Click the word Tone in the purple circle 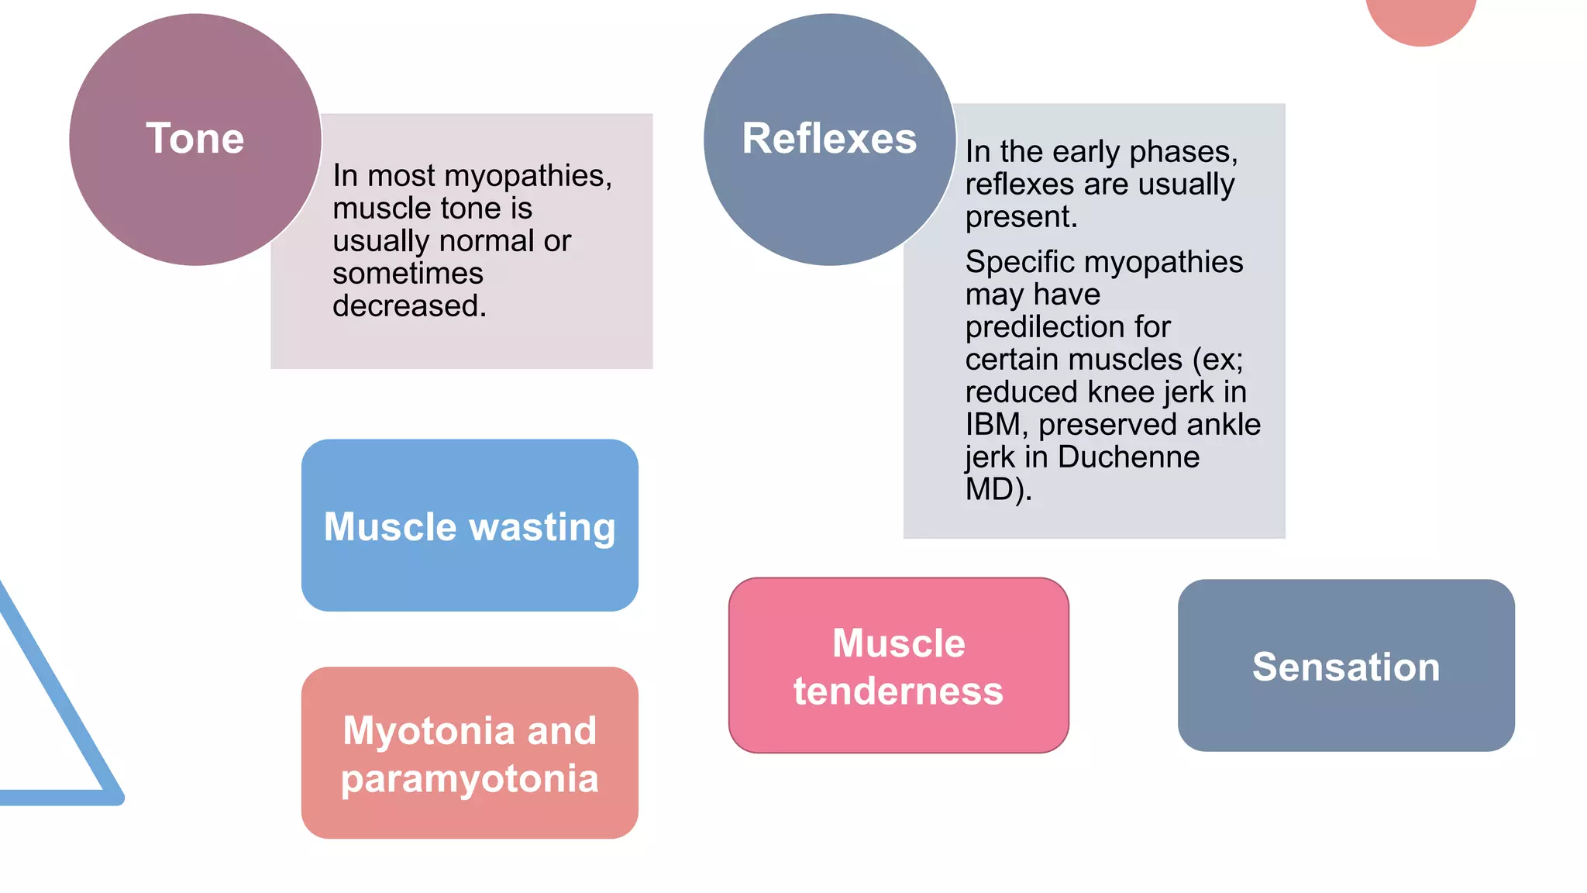tap(195, 139)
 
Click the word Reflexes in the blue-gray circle tap(829, 139)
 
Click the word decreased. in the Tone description tap(409, 306)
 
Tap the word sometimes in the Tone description tap(408, 274)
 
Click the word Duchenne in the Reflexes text tap(1128, 457)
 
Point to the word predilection tap(1067, 327)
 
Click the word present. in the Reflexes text tap(1021, 217)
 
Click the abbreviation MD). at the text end tap(998, 490)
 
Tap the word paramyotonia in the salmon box tap(470, 779)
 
